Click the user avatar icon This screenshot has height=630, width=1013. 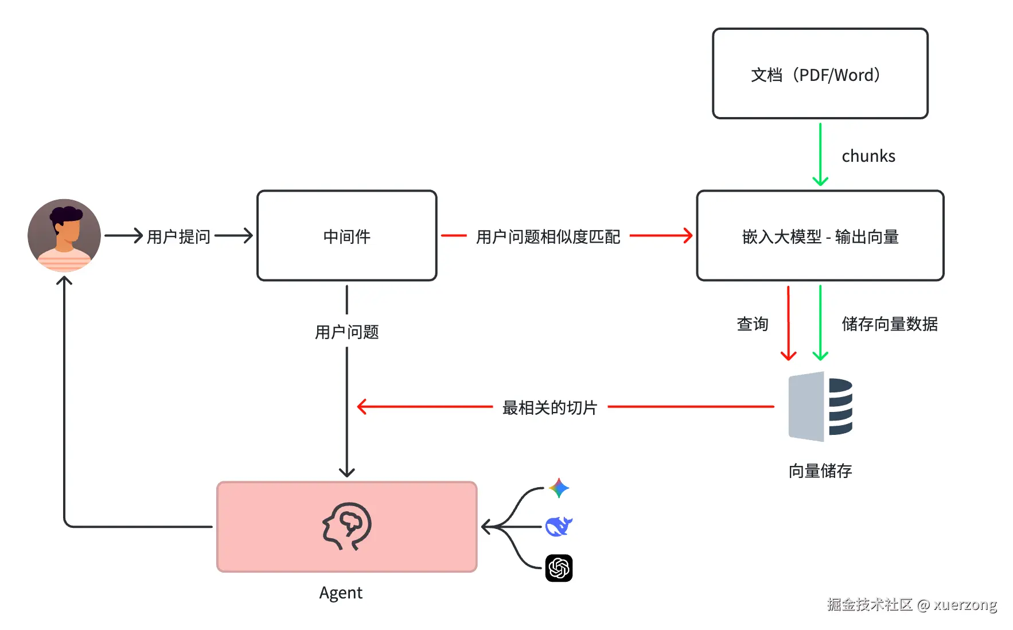(64, 235)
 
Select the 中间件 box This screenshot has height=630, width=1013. (346, 236)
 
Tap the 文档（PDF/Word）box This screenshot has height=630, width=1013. (820, 74)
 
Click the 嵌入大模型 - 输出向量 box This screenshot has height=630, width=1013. (820, 236)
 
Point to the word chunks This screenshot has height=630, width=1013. (868, 156)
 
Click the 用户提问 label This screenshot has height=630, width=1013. (178, 236)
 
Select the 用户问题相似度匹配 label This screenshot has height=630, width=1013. (548, 236)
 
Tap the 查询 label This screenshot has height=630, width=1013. (752, 324)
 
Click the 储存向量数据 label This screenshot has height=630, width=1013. (889, 324)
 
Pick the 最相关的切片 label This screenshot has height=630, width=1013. (550, 407)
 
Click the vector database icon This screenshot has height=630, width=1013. (820, 407)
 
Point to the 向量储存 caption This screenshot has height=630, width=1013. (820, 471)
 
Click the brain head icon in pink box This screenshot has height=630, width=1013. (346, 526)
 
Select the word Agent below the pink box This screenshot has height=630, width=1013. (341, 593)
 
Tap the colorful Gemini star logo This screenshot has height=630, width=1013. (558, 488)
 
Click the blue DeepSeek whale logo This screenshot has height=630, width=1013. (558, 526)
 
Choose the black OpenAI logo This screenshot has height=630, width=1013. (559, 568)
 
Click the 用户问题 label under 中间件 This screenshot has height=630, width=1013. (346, 332)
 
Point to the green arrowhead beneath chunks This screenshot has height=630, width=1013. (820, 181)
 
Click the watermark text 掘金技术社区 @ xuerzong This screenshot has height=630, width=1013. (911, 605)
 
